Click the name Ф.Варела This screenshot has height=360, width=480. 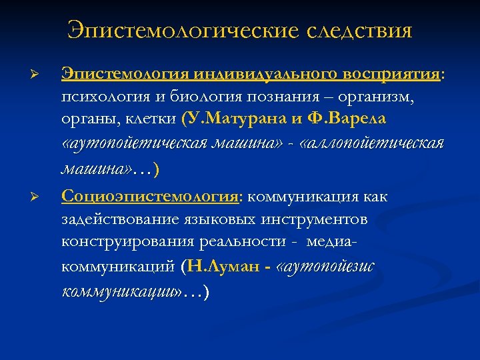tap(353, 121)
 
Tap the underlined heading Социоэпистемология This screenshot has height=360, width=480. tap(151, 197)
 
